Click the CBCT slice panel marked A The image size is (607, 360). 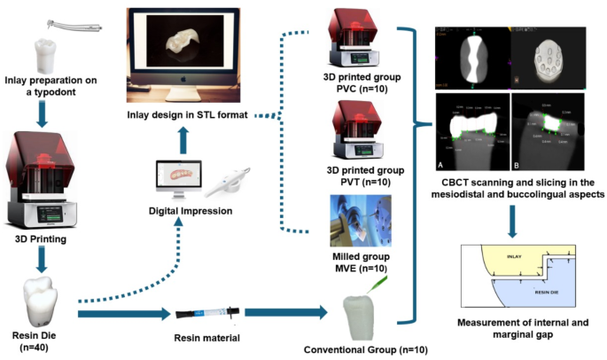click(x=473, y=128)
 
